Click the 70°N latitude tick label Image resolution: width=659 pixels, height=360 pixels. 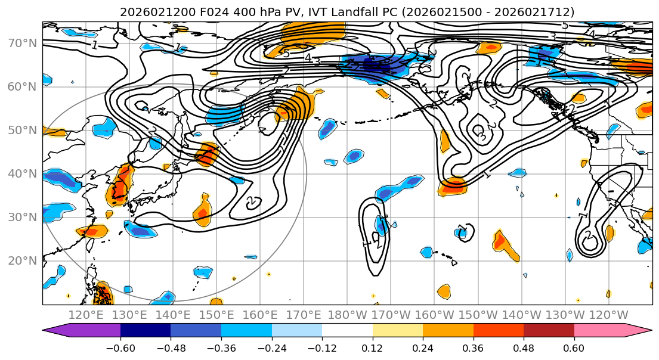tap(21, 43)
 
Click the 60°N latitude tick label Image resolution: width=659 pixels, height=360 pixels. tap(21, 86)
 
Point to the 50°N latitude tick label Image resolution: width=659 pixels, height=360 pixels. tap(21, 130)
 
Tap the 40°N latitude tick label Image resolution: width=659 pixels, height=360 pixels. tap(21, 173)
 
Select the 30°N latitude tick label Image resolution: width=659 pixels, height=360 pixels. tap(21, 217)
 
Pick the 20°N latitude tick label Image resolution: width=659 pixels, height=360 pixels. tap(21, 260)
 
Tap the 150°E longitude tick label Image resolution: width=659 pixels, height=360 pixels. tap(217, 315)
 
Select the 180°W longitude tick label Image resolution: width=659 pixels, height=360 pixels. tap(348, 315)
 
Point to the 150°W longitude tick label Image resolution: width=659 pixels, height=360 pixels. tap(478, 315)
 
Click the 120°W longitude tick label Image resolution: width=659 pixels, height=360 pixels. tap(609, 315)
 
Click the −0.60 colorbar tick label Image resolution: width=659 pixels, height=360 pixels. tap(120, 346)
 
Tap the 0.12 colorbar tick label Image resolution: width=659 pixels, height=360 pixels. tap(372, 346)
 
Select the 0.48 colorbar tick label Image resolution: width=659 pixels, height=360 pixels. tap(524, 346)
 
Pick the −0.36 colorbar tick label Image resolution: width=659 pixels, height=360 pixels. tap(221, 346)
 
